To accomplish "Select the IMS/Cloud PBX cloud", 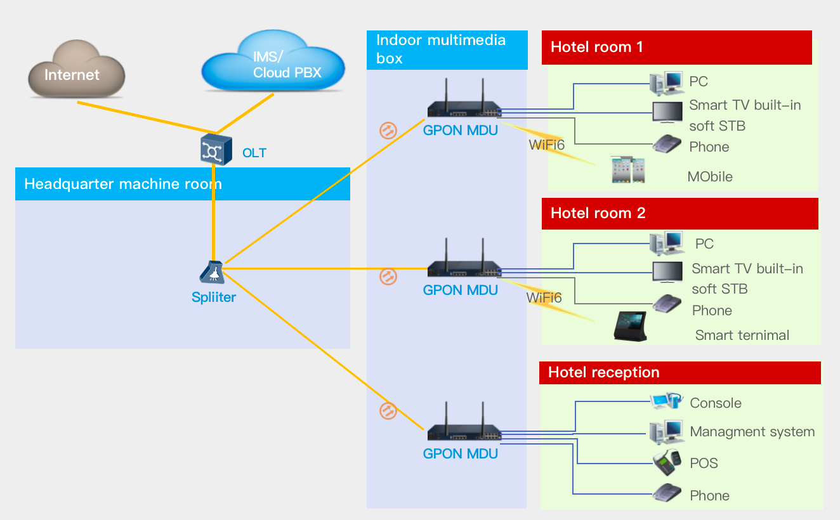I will [x=273, y=62].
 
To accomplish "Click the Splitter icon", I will [x=212, y=273].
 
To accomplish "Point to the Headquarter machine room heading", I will [x=123, y=185].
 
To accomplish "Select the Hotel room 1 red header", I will [x=676, y=48].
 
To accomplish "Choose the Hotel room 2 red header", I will [x=679, y=214].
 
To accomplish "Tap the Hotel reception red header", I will [x=679, y=373].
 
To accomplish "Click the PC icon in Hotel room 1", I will [x=666, y=82].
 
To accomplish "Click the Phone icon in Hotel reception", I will [x=666, y=493].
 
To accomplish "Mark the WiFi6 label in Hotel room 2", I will [x=544, y=298].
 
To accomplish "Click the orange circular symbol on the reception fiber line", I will [x=388, y=410].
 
